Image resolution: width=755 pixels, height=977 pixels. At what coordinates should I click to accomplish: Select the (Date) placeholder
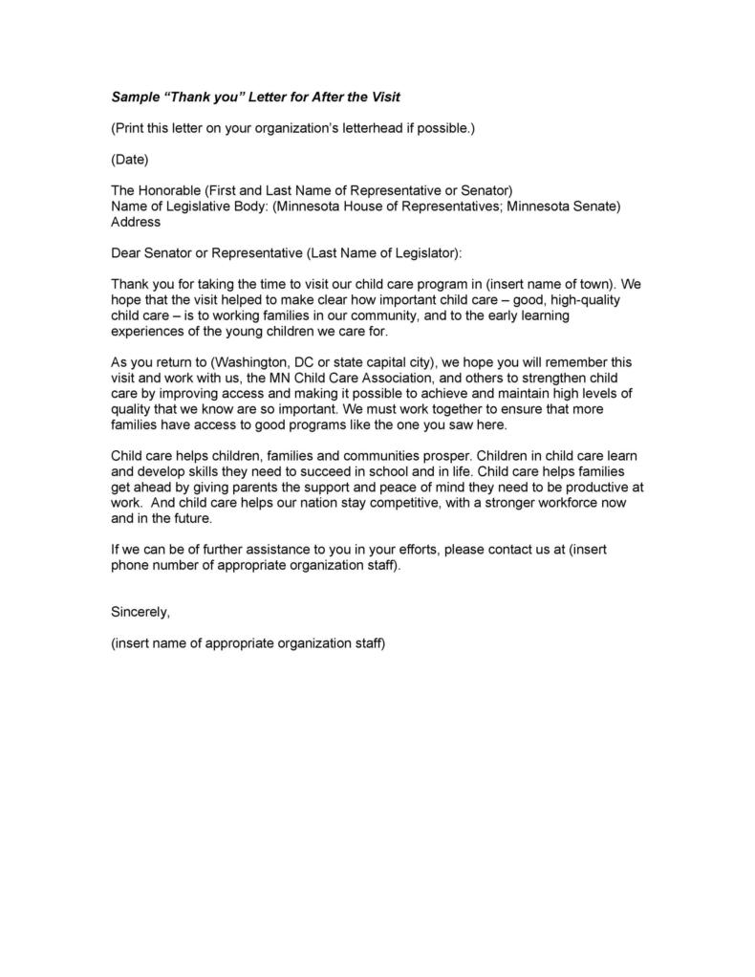(x=130, y=159)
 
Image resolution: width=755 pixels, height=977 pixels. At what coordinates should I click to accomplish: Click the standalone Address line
(x=136, y=221)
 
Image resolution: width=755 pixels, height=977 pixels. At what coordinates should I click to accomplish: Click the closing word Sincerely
(x=140, y=612)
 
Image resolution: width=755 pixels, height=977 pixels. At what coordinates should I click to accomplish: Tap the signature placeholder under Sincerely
(x=248, y=643)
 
